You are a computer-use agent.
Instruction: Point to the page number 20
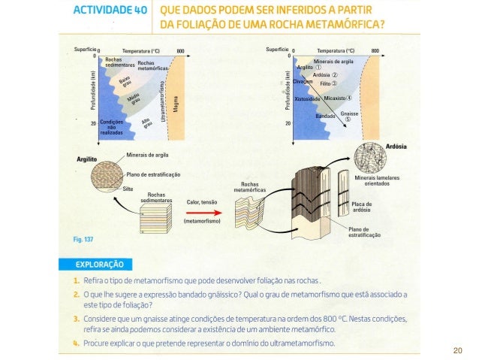458,350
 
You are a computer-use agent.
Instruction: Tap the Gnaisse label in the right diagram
349,113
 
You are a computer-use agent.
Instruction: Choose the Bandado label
325,116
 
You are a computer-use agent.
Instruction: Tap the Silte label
128,189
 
